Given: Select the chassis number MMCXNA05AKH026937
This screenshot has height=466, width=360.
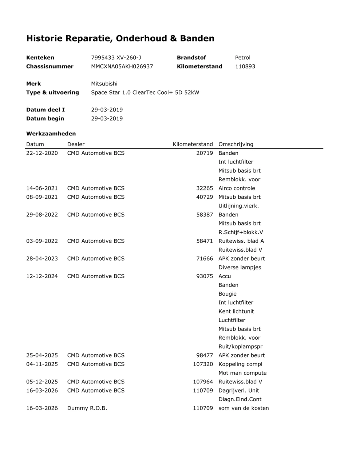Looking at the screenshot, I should [x=122, y=66].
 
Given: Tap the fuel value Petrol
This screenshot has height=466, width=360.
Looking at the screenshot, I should [x=243, y=58].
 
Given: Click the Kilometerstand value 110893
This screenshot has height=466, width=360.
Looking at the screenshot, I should [x=245, y=66].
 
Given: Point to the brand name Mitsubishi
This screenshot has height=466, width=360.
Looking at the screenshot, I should [x=104, y=84].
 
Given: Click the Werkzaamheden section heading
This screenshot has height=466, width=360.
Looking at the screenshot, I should [x=51, y=134].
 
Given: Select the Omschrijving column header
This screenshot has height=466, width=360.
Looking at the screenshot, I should [x=236, y=144].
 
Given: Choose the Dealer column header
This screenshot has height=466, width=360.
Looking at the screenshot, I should [x=76, y=144].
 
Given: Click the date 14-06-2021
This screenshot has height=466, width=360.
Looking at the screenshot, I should [x=42, y=188].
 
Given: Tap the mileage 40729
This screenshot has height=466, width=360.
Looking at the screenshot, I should [x=205, y=197].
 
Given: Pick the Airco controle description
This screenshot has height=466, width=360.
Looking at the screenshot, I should [x=237, y=188].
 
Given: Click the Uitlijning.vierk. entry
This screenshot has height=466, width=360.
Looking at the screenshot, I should [x=239, y=206].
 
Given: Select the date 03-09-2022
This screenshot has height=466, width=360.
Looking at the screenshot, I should [x=42, y=241].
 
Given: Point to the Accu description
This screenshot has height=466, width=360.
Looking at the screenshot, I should [x=225, y=276].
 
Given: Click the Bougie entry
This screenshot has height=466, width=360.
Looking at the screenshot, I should [x=228, y=294].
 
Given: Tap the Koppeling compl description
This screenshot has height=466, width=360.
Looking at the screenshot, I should [x=240, y=364].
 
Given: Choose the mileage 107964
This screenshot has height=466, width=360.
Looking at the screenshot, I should [x=203, y=382].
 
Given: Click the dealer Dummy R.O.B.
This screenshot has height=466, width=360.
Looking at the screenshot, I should [x=87, y=408].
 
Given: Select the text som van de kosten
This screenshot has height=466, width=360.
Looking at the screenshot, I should [x=244, y=408].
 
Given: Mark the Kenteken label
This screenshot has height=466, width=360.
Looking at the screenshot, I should [x=40, y=58].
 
